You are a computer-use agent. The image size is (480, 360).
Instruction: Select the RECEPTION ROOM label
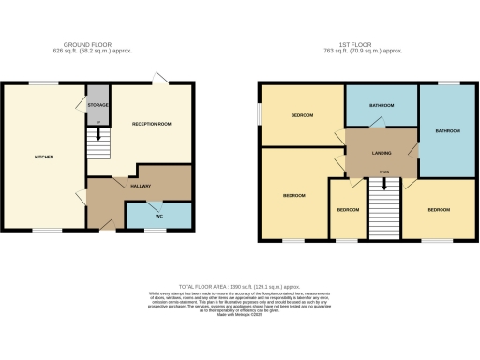[x=151, y=122]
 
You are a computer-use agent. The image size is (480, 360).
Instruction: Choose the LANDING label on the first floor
[x=381, y=152]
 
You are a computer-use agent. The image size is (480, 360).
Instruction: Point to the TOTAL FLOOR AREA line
[x=238, y=285]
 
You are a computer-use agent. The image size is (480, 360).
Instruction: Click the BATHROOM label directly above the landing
[x=382, y=106]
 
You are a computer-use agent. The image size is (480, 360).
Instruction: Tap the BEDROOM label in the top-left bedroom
[x=301, y=115]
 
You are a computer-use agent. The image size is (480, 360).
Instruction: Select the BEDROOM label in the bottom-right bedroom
[x=439, y=210]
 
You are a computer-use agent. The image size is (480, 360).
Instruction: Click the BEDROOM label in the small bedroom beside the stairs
[x=348, y=210]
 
